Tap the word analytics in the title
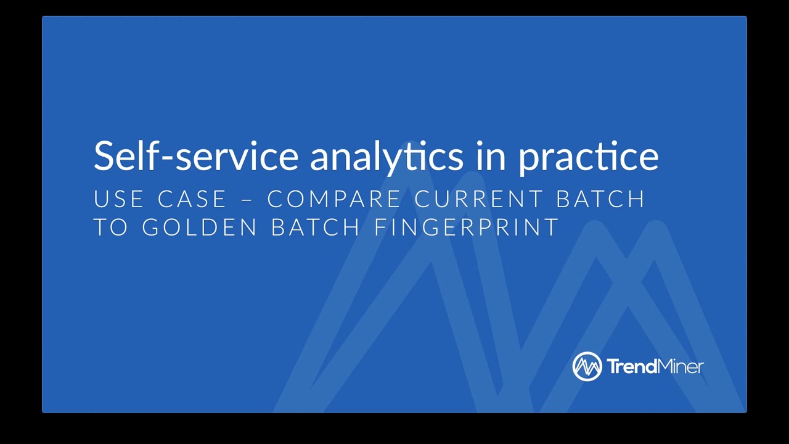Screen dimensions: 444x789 pos(386,157)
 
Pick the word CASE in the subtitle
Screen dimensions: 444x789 pos(192,199)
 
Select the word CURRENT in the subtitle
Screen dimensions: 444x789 pos(478,199)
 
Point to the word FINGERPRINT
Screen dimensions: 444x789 pos(466,227)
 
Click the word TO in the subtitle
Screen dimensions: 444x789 pos(110,227)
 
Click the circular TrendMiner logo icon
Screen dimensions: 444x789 pos(587,367)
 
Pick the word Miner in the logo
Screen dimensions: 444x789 pos(681,367)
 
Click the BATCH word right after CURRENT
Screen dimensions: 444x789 pos(600,199)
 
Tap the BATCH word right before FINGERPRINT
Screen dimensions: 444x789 pos(316,227)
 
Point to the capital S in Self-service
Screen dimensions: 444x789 pos(103,155)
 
